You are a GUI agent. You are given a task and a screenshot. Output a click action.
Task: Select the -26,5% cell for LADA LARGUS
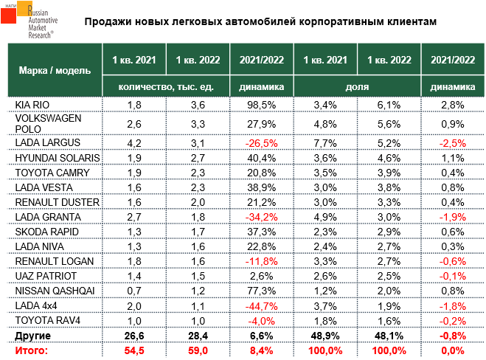pos(262,141)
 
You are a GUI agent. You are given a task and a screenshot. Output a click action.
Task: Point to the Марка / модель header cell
pos(53,70)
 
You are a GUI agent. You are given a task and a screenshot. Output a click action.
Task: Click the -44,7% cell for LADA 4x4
pos(262,305)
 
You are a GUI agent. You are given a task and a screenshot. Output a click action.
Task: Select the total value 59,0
pos(198,350)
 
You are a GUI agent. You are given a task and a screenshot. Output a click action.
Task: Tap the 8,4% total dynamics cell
pos(262,350)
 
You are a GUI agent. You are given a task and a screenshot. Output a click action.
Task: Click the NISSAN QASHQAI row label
pos(51,291)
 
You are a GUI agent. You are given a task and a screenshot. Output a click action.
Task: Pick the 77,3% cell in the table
pos(262,291)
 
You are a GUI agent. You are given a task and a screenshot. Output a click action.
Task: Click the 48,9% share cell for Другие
pos(325,336)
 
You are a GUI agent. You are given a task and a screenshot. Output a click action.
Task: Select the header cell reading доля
pos(357,86)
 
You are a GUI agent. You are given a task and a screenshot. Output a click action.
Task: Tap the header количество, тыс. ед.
pos(167,86)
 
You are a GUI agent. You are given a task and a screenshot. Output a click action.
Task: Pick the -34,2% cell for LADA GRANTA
pos(262,216)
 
